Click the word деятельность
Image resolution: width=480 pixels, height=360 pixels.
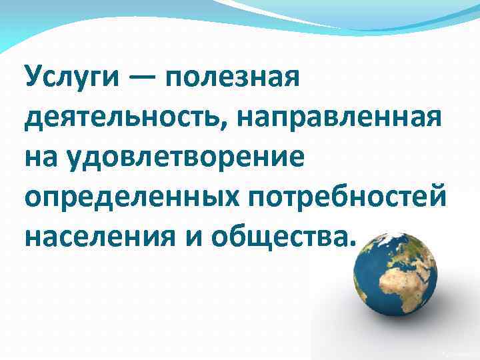pos(123,121)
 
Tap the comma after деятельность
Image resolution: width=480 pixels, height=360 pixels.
pos(228,129)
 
